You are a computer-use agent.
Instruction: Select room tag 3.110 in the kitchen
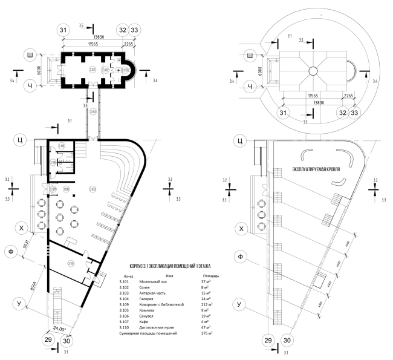pos(70,264)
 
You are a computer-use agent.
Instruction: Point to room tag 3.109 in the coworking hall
pos(93,189)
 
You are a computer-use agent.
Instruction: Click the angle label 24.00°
pos(59,329)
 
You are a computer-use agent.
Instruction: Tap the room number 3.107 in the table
pos(125,322)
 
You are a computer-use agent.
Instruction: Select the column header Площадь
pos(210,275)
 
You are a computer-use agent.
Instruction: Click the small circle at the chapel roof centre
pos(313,71)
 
